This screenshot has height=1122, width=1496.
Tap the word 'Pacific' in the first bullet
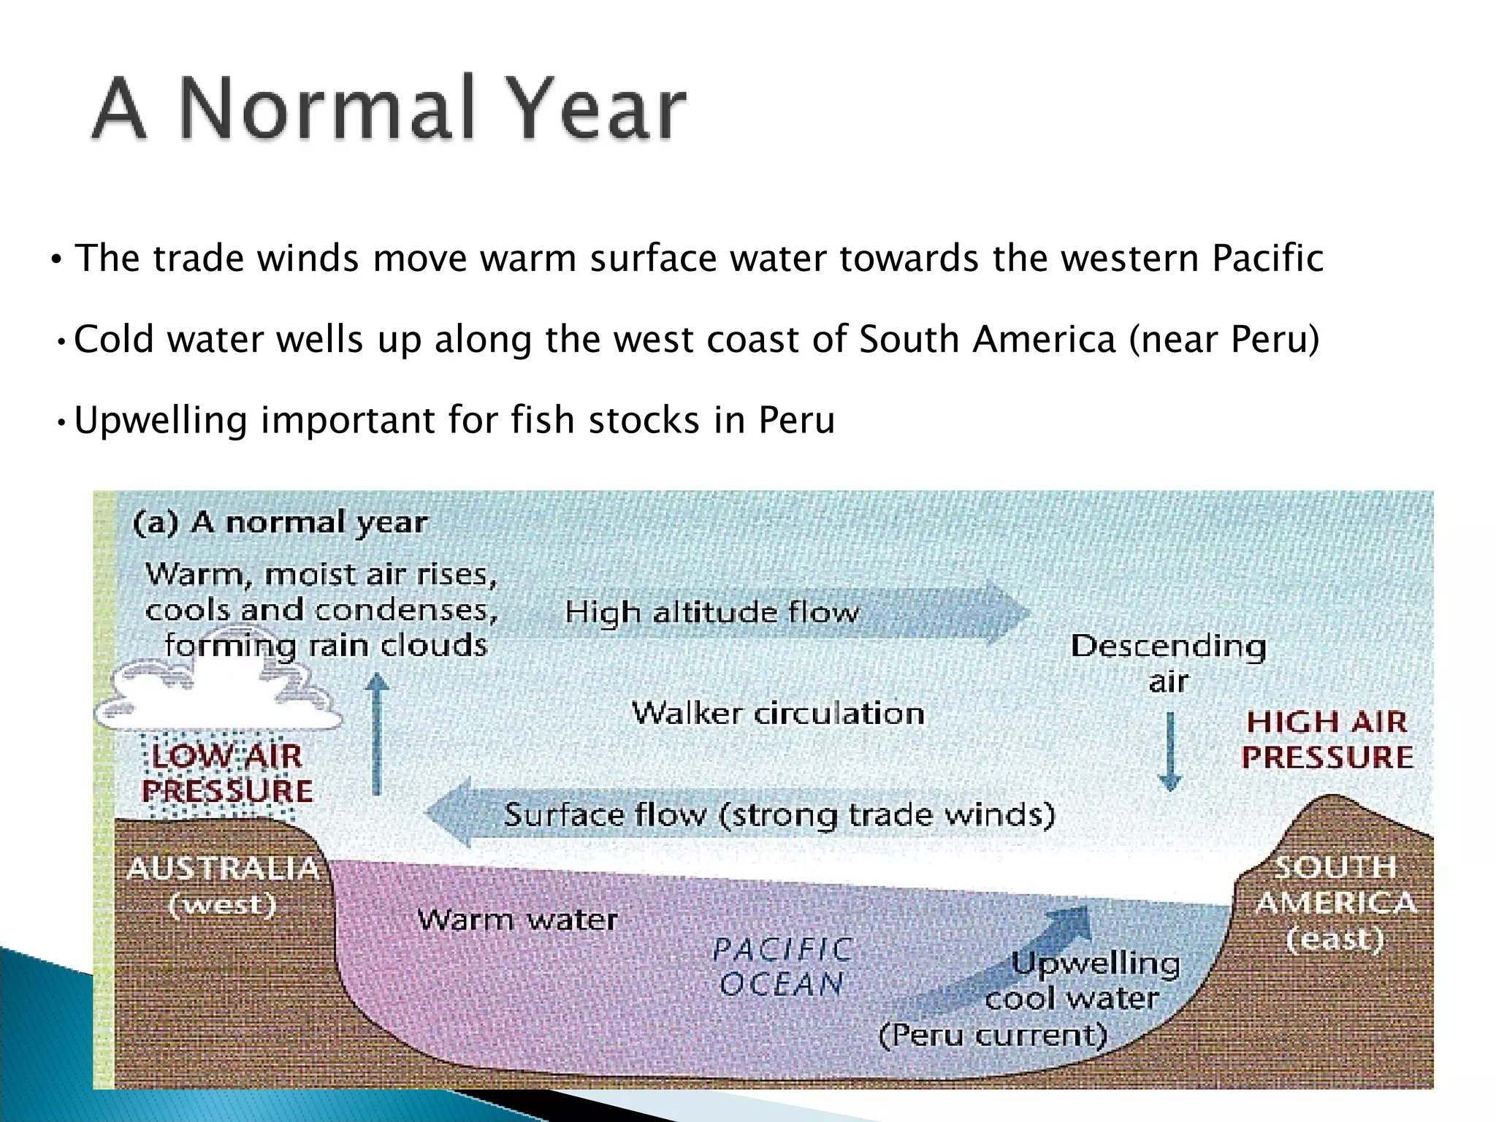(1267, 259)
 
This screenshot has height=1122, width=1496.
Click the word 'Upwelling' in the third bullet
(161, 421)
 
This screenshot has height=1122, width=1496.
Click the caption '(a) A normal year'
(280, 523)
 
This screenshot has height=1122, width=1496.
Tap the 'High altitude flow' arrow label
(711, 612)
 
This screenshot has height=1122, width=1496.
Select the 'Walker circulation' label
(778, 713)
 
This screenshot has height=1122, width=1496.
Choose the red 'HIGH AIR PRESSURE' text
(1327, 740)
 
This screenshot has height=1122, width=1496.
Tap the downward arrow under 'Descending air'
(1170, 752)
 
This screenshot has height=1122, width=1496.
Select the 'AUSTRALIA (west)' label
(223, 886)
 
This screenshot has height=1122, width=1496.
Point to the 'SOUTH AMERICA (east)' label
(1335, 903)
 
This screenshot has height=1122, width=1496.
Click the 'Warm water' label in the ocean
(517, 920)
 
